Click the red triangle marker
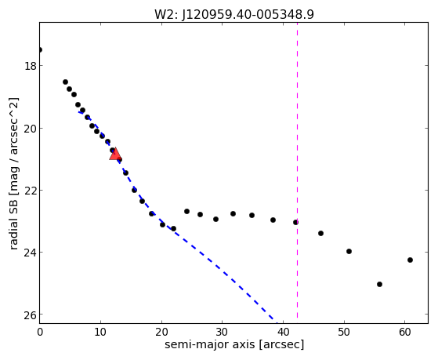pyautogui.click(x=115, y=155)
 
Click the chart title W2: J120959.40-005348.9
pyautogui.click(x=234, y=15)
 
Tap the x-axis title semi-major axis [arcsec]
pyautogui.click(x=234, y=344)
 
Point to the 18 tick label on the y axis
pyautogui.click(x=30, y=67)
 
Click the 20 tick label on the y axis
pyautogui.click(x=30, y=129)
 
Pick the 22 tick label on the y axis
pyautogui.click(x=30, y=191)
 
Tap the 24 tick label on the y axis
pyautogui.click(x=30, y=253)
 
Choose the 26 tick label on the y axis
pyautogui.click(x=30, y=315)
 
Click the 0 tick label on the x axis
pyautogui.click(x=40, y=332)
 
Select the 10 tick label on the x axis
pyautogui.click(x=100, y=332)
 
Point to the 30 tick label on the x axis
pyautogui.click(x=222, y=332)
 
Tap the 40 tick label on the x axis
pyautogui.click(x=283, y=332)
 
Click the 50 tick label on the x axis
pyautogui.click(x=344, y=332)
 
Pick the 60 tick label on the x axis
pyautogui.click(x=405, y=332)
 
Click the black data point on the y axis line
pyautogui.click(x=40, y=49)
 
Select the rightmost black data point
pyautogui.click(x=410, y=260)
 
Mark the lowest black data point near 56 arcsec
pyautogui.click(x=379, y=284)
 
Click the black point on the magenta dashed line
pyautogui.click(x=295, y=223)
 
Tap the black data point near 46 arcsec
pyautogui.click(x=320, y=233)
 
